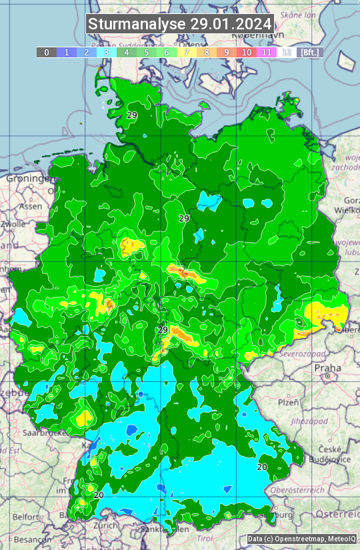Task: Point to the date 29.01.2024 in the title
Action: (231, 24)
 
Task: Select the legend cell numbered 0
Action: (47, 52)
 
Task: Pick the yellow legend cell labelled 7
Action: (187, 52)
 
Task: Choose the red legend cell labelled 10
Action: (247, 52)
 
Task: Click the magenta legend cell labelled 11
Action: (267, 52)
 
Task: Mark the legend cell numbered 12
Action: (287, 52)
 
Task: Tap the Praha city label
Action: (327, 368)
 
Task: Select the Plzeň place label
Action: (288, 402)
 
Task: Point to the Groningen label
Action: (27, 179)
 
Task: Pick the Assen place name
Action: (30, 207)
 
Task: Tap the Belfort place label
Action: (26, 516)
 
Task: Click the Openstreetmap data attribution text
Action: (291, 539)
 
